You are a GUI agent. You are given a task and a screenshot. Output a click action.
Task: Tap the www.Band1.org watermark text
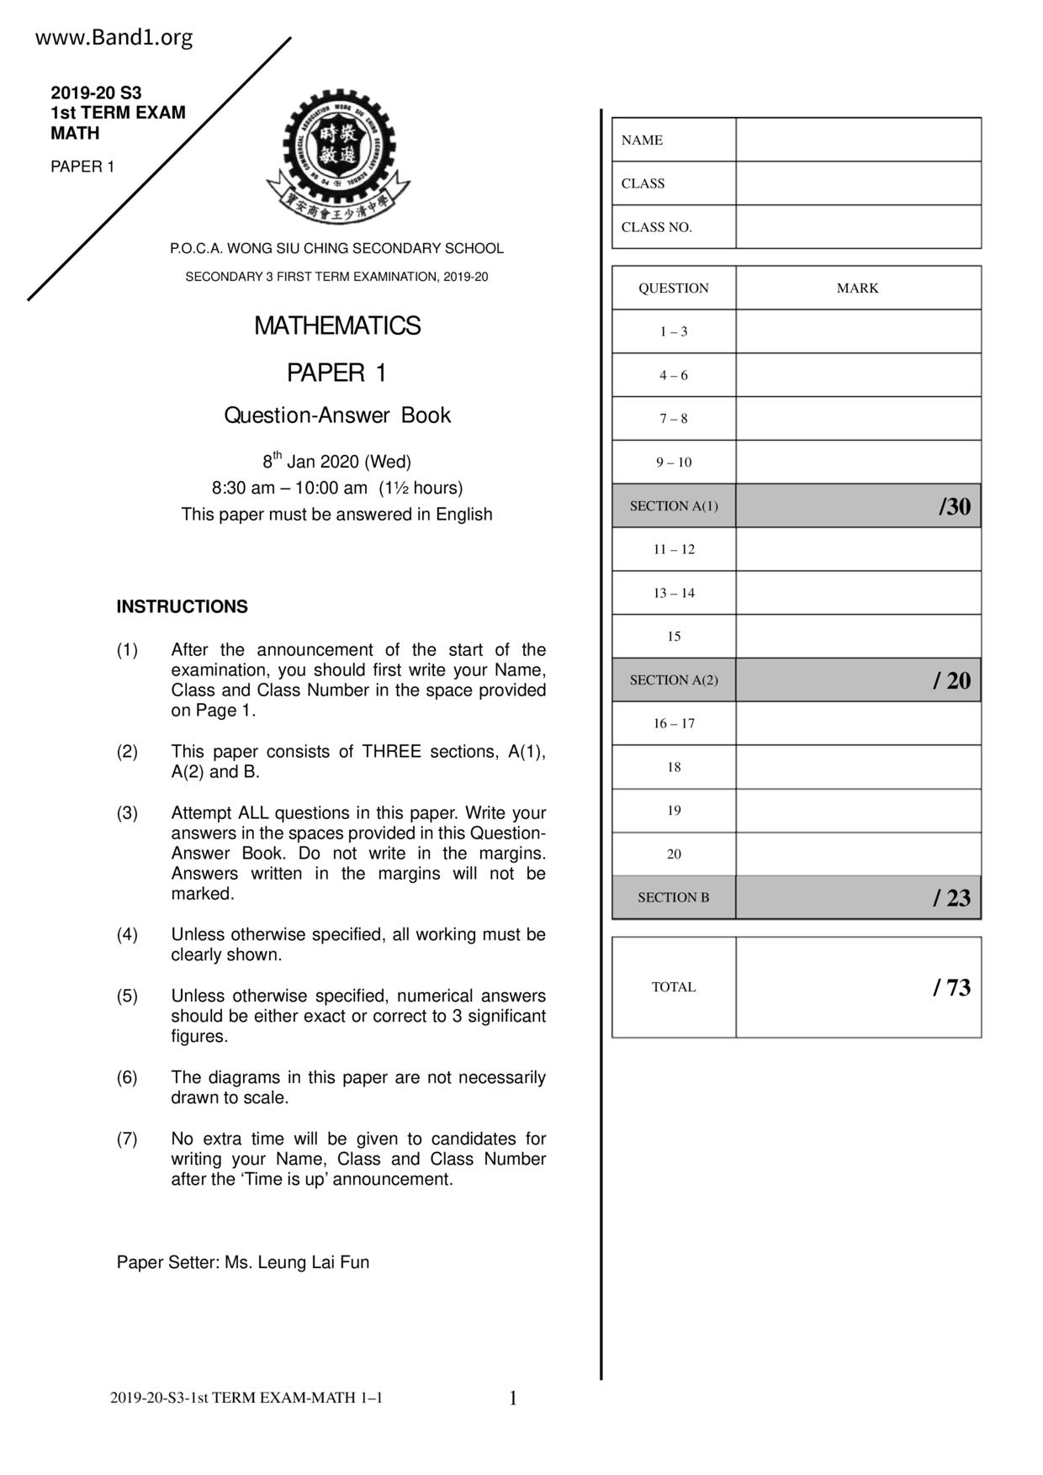tap(114, 38)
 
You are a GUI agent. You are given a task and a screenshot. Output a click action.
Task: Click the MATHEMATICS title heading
tap(337, 325)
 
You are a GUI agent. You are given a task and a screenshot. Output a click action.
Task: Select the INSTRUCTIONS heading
tap(182, 606)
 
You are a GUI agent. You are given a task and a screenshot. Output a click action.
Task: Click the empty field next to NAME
tap(858, 140)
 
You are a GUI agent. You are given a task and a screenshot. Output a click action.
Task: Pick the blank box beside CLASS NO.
tap(858, 227)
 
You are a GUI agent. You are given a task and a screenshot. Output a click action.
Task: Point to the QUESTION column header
tap(673, 288)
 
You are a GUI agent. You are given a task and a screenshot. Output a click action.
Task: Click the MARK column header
tap(857, 288)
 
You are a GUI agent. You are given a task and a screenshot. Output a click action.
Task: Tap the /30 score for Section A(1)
tap(955, 506)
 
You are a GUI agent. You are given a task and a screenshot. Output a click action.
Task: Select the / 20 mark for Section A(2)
tap(951, 680)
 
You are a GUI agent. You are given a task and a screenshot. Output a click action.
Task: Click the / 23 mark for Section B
tap(951, 898)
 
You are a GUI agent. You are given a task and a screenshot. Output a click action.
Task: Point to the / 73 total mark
tap(951, 987)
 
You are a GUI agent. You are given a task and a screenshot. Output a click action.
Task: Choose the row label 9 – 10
tap(674, 462)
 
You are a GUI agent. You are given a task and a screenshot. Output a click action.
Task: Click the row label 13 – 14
tap(674, 593)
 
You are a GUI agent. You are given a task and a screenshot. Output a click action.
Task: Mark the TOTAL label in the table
tap(674, 987)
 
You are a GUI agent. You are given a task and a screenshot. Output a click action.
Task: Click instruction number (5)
tap(127, 996)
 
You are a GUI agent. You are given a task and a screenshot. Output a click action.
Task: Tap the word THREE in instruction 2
tap(391, 752)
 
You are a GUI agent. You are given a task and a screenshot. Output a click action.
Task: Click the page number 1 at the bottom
tap(513, 1398)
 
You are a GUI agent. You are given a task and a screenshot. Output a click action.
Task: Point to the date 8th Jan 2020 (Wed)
tap(336, 462)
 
